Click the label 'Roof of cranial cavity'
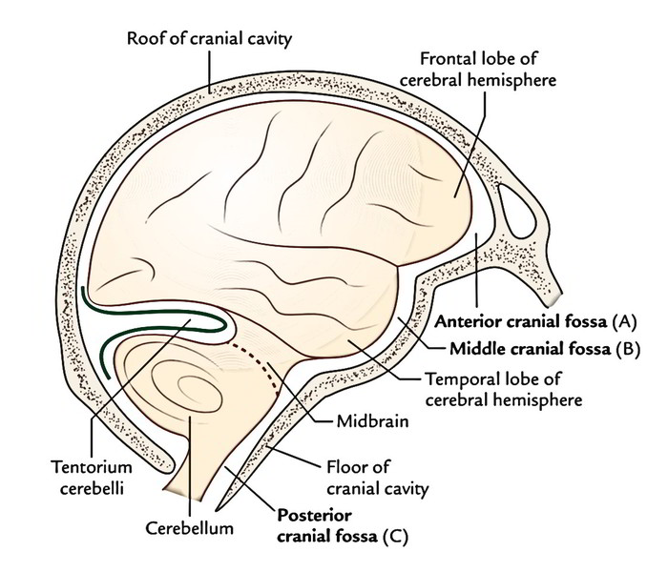click(209, 39)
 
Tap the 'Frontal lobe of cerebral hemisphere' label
click(477, 70)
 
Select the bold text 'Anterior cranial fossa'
click(521, 322)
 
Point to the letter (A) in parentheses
click(624, 322)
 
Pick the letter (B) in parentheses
click(628, 350)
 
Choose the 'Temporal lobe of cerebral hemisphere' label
click(503, 389)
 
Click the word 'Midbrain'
click(372, 421)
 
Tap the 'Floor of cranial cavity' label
click(378, 478)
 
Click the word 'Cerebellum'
click(190, 528)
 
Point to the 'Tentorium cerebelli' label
click(92, 478)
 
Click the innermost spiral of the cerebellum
click(199, 387)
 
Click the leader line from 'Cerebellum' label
click(190, 467)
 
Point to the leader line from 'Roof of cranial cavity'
click(210, 71)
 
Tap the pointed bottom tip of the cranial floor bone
click(218, 510)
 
